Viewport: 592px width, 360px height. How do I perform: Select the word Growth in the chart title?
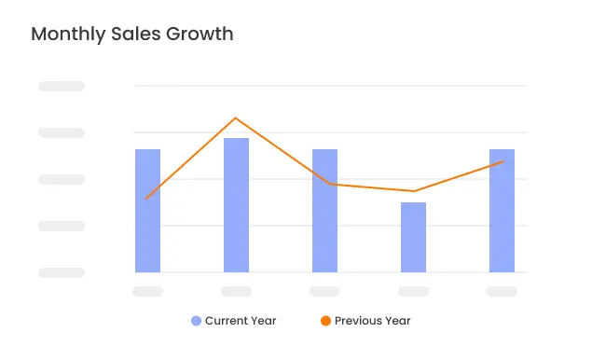pos(200,35)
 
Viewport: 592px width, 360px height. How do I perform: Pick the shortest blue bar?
pos(413,237)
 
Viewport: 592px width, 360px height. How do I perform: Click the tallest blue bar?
pos(236,205)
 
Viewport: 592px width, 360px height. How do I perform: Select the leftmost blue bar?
pos(147,211)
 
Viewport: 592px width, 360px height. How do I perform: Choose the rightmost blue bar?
pos(502,211)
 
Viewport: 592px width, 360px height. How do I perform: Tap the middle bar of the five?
pos(324,211)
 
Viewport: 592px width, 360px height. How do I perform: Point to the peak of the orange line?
pos(236,118)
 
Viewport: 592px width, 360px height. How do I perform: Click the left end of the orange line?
pos(147,199)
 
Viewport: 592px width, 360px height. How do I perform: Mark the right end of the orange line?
pos(503,162)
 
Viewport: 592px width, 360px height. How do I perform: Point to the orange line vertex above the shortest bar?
pos(413,191)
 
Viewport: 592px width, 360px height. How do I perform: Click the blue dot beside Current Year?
pos(196,321)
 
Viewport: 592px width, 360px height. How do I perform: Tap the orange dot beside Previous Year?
pos(325,321)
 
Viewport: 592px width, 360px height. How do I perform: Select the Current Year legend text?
pos(241,321)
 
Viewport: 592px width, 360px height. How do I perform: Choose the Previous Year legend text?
pos(372,321)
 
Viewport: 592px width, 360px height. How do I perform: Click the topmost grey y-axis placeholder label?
pos(62,86)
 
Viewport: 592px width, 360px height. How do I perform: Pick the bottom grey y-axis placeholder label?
pos(62,272)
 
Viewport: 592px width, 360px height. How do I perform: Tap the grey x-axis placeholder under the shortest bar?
pos(413,292)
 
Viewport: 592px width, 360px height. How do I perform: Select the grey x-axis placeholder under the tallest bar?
pos(236,292)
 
